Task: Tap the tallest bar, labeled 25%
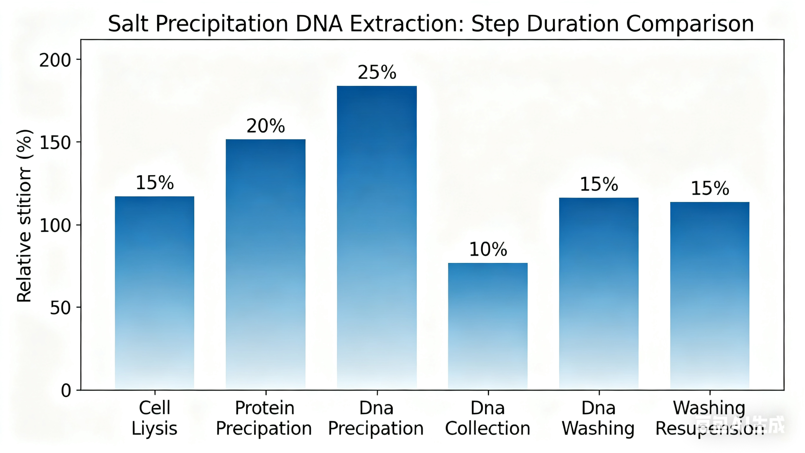(x=377, y=238)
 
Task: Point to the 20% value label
(x=266, y=126)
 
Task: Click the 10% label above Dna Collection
(x=488, y=249)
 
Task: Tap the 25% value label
(x=377, y=72)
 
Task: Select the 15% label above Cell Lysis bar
(x=155, y=183)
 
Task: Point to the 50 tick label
(x=60, y=308)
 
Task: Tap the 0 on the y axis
(x=66, y=390)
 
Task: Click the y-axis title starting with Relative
(x=24, y=216)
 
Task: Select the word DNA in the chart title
(x=319, y=24)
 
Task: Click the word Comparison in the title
(x=690, y=24)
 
